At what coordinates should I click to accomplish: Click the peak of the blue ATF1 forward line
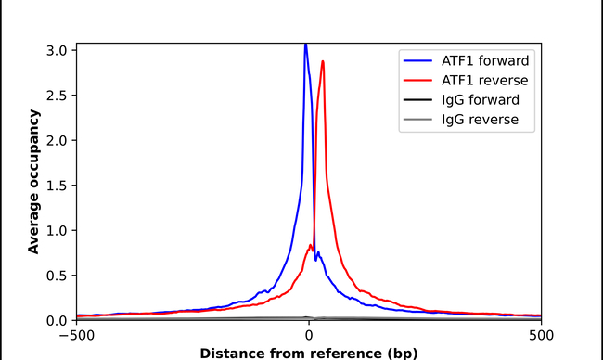pos(305,45)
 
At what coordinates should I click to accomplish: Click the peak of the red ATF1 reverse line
pos(323,62)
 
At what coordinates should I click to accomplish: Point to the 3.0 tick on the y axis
pos(58,50)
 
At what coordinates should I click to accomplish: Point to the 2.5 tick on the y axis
pos(58,96)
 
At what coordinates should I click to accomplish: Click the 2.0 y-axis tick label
pos(58,140)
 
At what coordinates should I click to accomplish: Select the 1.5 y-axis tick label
pos(58,186)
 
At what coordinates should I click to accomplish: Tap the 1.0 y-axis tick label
pos(58,230)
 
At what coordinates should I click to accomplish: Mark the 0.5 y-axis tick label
pos(58,276)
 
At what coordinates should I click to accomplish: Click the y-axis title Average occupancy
pos(33,181)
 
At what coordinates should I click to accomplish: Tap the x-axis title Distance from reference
pos(308,353)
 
